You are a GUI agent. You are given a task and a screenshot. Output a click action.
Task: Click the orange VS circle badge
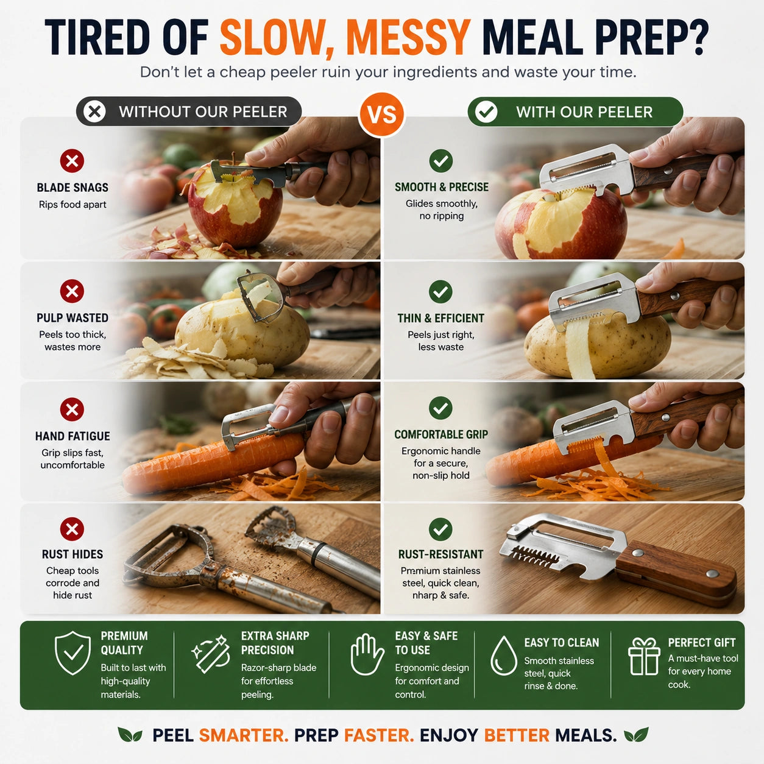(381, 115)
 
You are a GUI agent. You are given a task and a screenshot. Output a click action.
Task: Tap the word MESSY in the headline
(409, 38)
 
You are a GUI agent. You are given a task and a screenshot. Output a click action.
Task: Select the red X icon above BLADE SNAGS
(72, 161)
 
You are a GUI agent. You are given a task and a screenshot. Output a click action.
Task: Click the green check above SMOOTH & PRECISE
(441, 161)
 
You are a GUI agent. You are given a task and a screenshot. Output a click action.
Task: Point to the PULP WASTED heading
(73, 318)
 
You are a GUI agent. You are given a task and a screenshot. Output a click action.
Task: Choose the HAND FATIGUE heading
(73, 436)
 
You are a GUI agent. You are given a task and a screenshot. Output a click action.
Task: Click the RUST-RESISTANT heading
(441, 554)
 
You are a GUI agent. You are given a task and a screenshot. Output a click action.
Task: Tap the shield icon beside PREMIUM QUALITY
(73, 653)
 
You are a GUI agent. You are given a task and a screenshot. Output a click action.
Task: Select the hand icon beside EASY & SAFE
(367, 654)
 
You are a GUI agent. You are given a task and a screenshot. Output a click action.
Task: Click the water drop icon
(503, 656)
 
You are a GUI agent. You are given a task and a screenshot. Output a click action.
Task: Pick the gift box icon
(644, 656)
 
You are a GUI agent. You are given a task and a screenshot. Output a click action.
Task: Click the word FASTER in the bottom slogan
(378, 735)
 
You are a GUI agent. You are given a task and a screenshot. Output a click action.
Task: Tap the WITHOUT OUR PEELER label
(203, 112)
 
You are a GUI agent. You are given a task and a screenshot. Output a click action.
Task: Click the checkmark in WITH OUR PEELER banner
(486, 112)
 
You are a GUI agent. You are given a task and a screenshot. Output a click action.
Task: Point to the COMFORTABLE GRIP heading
(441, 434)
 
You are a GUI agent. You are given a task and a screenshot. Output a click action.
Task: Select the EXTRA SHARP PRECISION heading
(275, 643)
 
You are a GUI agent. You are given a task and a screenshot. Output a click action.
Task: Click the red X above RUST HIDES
(72, 529)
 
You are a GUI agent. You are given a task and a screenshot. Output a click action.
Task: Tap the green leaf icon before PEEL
(130, 735)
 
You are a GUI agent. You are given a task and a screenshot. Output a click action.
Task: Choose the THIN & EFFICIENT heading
(441, 319)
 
